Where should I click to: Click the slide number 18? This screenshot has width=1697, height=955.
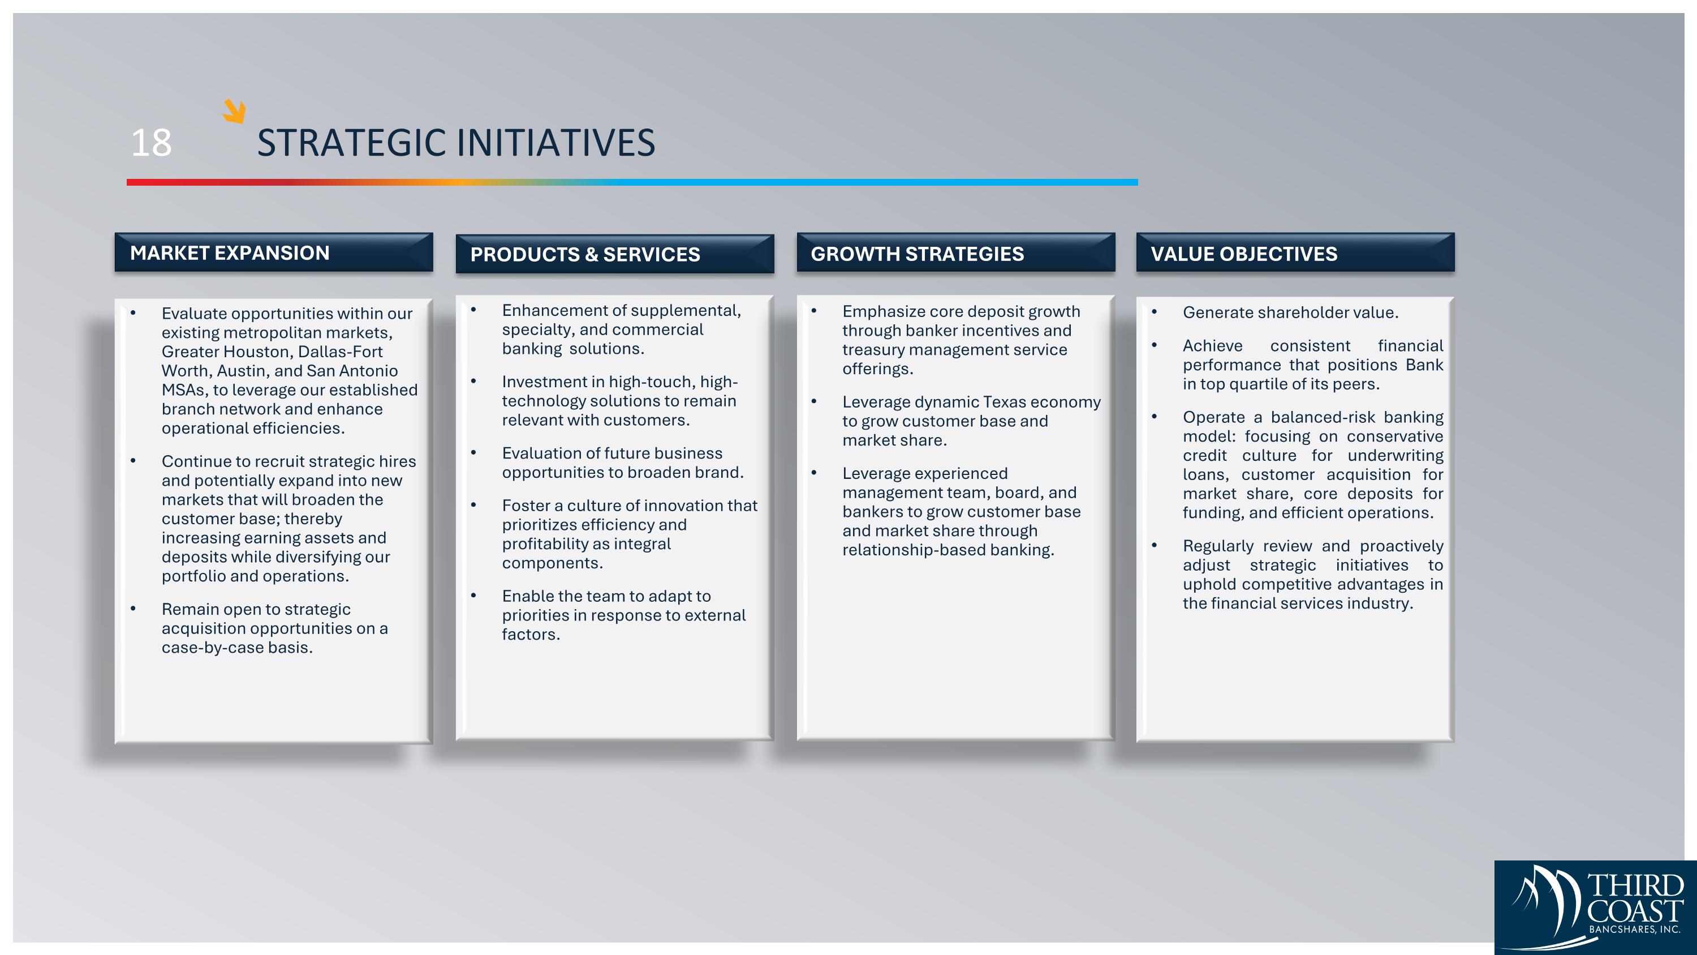click(x=152, y=142)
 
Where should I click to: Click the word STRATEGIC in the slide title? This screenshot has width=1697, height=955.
click(x=352, y=142)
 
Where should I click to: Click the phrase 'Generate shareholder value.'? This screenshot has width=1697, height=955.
click(x=1290, y=312)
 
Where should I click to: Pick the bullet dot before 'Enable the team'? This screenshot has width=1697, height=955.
click(x=473, y=596)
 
